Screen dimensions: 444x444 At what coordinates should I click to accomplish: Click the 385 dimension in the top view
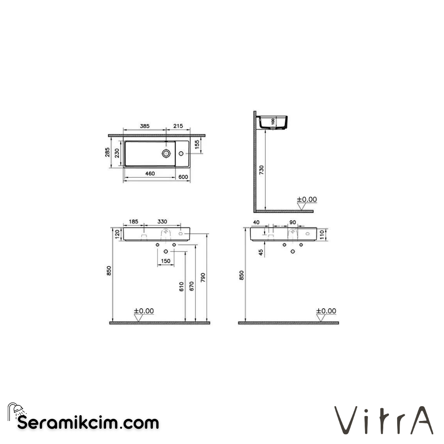pos(144,126)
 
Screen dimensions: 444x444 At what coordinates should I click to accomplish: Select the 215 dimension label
pos(178,126)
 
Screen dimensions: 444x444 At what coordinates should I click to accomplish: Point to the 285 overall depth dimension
pos(108,153)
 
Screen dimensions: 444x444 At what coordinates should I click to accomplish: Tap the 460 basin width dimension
pos(150,174)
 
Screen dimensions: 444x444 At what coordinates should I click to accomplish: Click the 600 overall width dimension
pos(183,177)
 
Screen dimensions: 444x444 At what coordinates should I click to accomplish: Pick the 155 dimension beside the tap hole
pos(197,144)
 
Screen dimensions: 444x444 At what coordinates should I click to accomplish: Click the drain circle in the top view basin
pos(166,153)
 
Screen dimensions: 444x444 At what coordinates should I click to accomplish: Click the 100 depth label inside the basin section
pos(273,122)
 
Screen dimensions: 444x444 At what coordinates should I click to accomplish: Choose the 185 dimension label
pos(134,222)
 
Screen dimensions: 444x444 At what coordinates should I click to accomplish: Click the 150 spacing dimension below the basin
pos(165,261)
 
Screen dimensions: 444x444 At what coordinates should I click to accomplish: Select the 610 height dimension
pos(182,287)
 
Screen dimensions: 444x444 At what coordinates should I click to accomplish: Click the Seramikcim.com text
pos(88,423)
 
